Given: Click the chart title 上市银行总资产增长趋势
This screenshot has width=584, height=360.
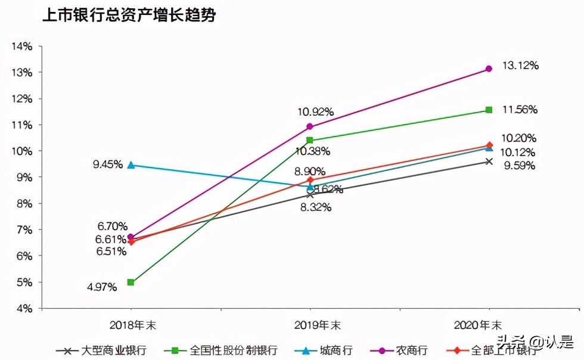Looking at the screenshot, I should click(128, 16).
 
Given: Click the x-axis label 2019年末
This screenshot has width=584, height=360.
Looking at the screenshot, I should click(310, 325).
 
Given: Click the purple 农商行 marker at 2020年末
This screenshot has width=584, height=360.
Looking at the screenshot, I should click(489, 69).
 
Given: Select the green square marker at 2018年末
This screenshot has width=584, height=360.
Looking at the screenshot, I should click(131, 283).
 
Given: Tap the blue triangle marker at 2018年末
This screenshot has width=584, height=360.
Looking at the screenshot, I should click(131, 165).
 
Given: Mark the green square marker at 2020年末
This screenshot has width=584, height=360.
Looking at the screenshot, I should click(489, 110).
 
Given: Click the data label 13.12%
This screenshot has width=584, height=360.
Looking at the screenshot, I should click(521, 66).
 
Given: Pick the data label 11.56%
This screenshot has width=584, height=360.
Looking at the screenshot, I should click(520, 110).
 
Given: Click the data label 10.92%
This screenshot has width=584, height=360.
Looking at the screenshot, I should click(316, 111).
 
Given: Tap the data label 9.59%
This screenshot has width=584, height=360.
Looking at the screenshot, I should click(520, 166).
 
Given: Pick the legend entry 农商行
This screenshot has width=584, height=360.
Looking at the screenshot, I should click(412, 350).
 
